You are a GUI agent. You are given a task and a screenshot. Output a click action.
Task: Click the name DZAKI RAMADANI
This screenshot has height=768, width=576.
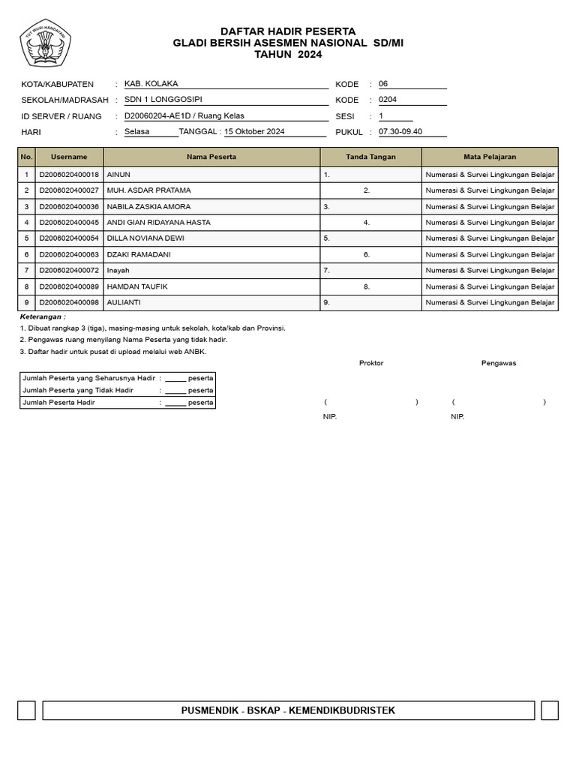click(139, 254)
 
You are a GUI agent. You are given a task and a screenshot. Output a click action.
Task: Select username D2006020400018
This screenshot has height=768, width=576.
click(69, 174)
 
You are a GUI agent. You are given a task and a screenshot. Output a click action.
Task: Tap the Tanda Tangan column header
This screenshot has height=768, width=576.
click(370, 157)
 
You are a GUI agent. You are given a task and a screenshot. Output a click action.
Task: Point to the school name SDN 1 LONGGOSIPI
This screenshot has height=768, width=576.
click(163, 99)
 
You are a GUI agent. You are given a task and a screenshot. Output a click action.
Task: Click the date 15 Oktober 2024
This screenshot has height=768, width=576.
click(254, 132)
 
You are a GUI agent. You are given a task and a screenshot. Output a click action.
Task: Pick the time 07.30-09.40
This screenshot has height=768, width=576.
click(400, 132)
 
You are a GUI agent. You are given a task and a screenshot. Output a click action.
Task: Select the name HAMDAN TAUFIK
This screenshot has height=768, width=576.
click(136, 286)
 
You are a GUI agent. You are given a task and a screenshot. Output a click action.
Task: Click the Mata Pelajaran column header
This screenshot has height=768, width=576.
click(490, 157)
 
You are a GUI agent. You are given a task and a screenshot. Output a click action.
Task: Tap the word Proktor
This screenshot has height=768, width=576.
click(371, 363)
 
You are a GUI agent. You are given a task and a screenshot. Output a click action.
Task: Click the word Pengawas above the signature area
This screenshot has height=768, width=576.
click(499, 363)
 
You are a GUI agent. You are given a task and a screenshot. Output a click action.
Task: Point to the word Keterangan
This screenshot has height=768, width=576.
click(42, 317)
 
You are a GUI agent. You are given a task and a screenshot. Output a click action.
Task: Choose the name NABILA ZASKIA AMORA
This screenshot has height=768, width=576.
click(148, 206)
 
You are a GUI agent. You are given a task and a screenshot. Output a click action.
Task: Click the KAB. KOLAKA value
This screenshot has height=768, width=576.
click(151, 84)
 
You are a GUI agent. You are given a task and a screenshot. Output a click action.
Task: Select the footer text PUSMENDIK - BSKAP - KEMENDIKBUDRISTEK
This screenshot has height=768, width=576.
click(288, 710)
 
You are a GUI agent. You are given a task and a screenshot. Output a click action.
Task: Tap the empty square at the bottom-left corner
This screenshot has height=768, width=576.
click(27, 710)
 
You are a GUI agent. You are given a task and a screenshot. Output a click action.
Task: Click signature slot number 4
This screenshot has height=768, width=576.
click(367, 222)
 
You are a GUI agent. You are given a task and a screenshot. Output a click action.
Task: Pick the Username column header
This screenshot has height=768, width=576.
click(69, 157)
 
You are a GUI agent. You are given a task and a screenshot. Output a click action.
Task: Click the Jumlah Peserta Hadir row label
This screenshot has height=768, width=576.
click(59, 403)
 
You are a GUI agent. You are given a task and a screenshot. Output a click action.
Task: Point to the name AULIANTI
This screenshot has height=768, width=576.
click(124, 302)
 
